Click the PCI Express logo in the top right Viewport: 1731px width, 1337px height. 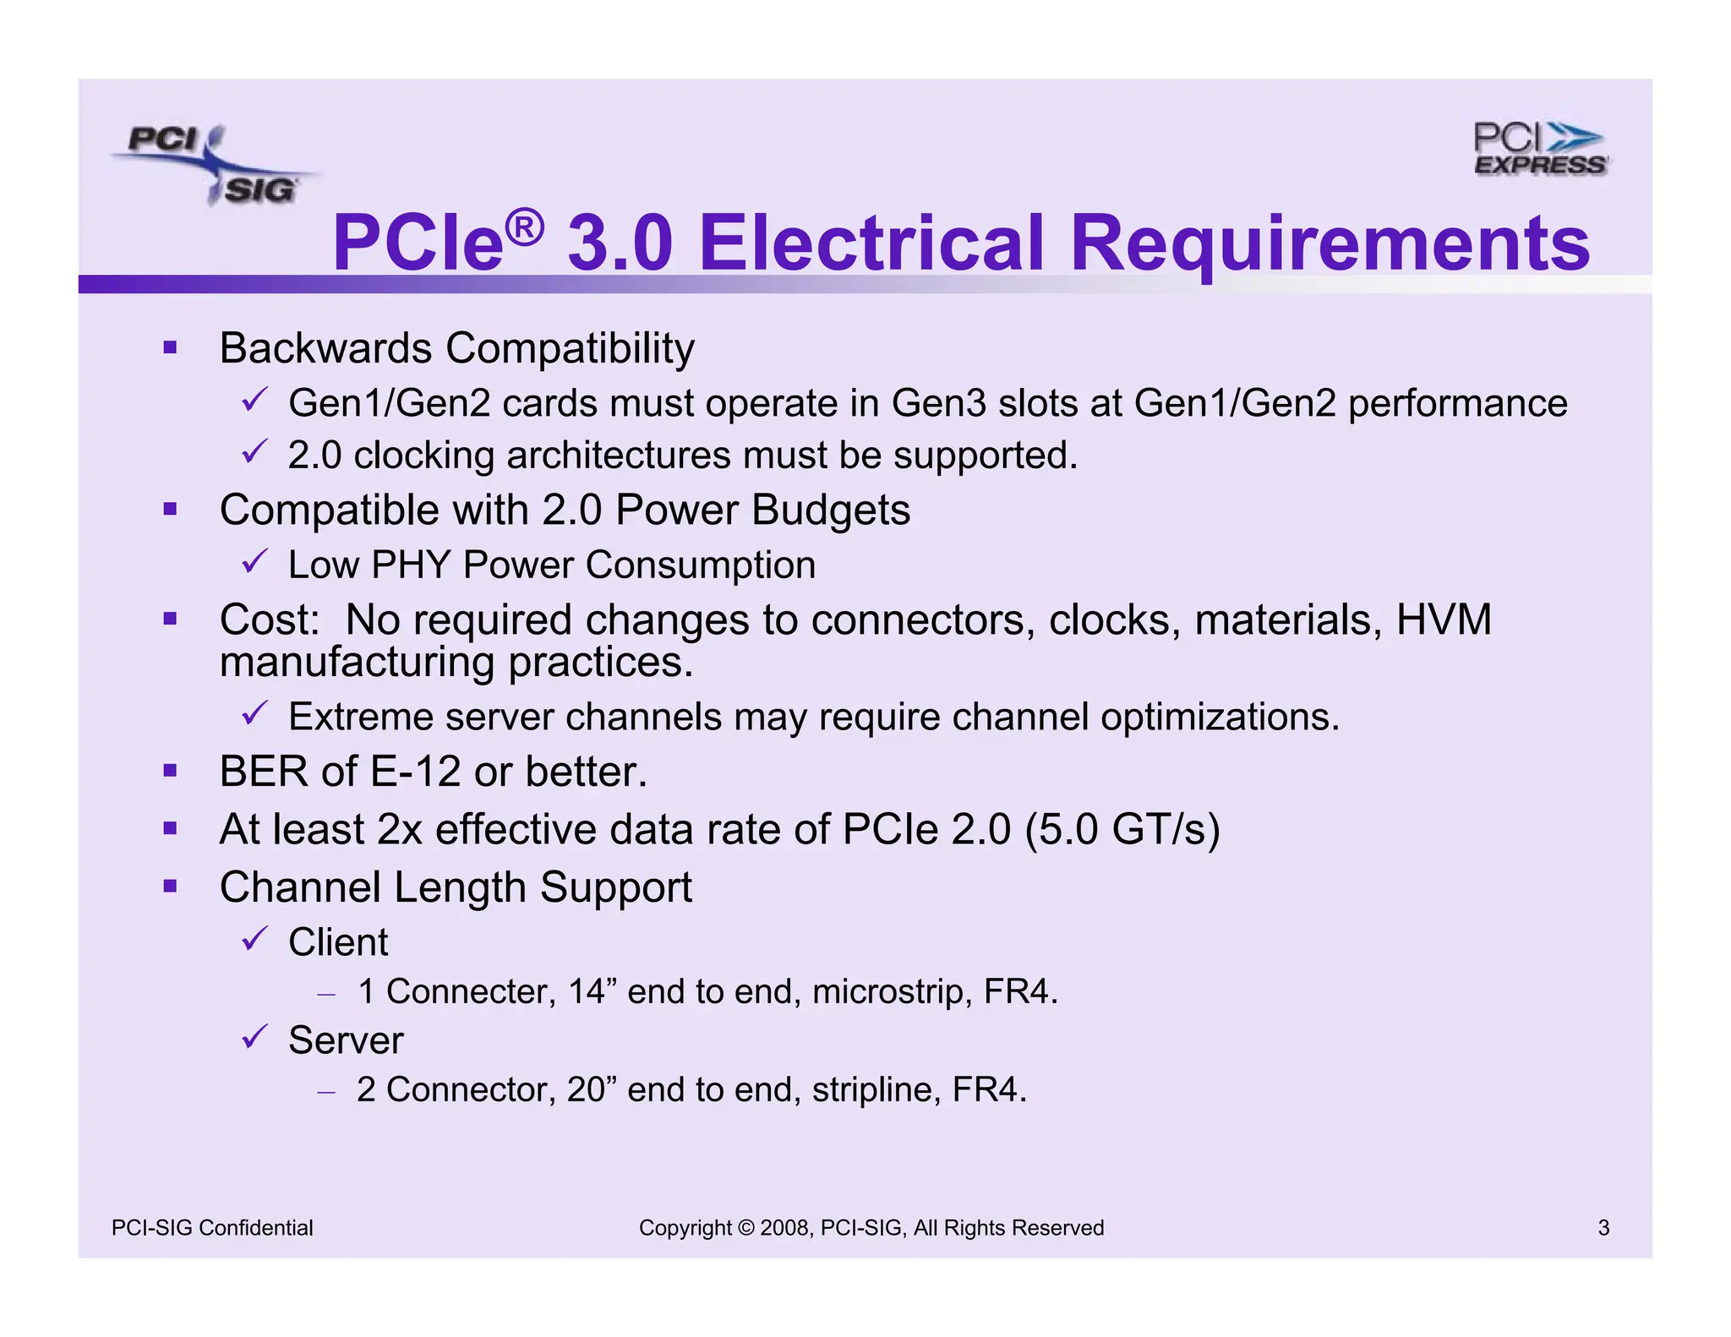pyautogui.click(x=1540, y=150)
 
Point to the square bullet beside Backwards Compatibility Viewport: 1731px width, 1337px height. pyautogui.click(x=171, y=347)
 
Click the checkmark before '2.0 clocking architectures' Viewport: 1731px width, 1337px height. pyautogui.click(x=254, y=452)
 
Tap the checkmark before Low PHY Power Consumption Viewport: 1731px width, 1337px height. pyautogui.click(x=254, y=561)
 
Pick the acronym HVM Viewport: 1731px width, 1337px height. pyautogui.click(x=1443, y=619)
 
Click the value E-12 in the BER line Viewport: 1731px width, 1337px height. pyautogui.click(x=415, y=772)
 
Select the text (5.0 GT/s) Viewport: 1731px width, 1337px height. pyautogui.click(x=1122, y=829)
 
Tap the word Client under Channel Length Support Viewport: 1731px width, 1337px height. pyautogui.click(x=338, y=942)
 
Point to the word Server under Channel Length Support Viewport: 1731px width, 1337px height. pyautogui.click(x=346, y=1040)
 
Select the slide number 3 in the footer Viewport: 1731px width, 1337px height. pyautogui.click(x=1603, y=1228)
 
